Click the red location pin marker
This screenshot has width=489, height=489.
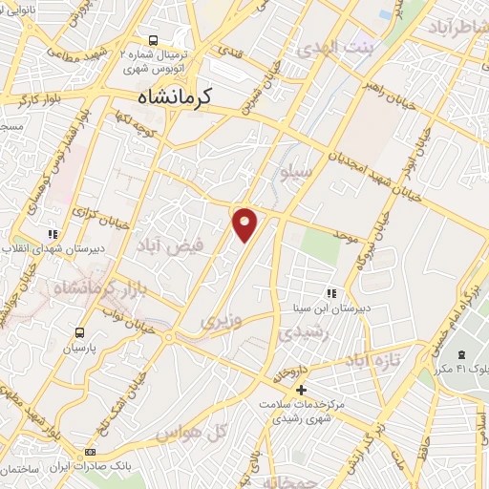coord(245,223)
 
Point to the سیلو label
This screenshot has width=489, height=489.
coord(298,173)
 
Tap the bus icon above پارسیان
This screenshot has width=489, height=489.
coord(80,332)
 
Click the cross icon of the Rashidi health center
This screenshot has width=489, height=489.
coord(301,390)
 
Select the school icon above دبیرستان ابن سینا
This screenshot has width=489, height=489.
coord(331,293)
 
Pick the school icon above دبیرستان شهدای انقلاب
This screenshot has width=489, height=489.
coord(53,233)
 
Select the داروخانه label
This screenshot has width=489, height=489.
coord(290,368)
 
